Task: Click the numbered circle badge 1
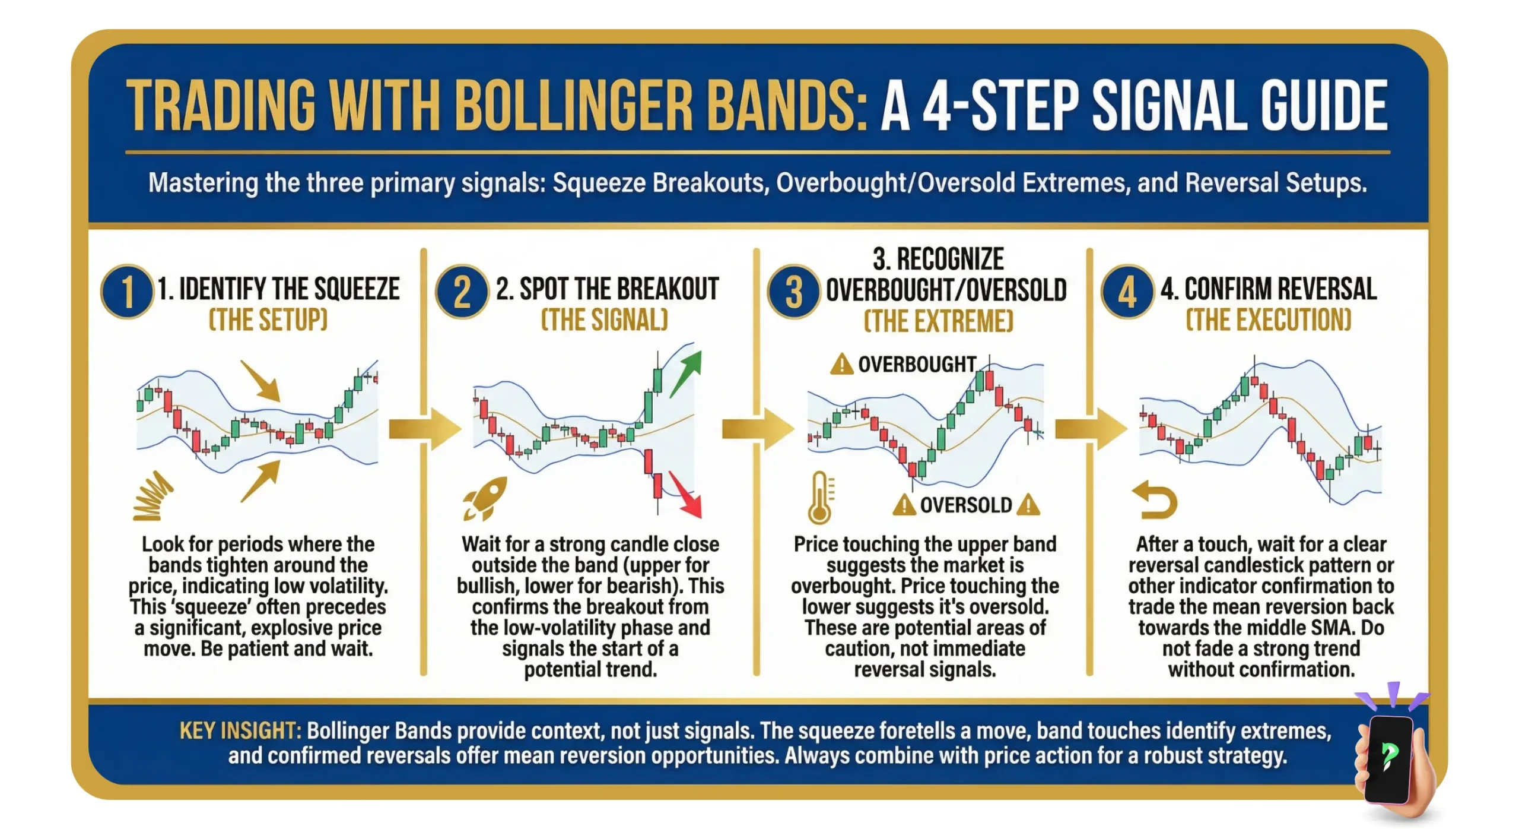point(126,292)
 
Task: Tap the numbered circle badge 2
point(462,292)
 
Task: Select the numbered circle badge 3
point(793,292)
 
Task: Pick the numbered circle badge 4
point(1127,292)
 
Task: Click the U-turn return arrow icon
point(1154,499)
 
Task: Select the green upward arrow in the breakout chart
point(687,373)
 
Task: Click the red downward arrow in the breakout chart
point(687,495)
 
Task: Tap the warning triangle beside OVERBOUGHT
point(841,364)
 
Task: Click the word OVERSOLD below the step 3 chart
point(965,505)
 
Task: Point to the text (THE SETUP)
point(268,320)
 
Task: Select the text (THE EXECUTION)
point(1268,320)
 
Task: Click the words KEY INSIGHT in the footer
point(240,730)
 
